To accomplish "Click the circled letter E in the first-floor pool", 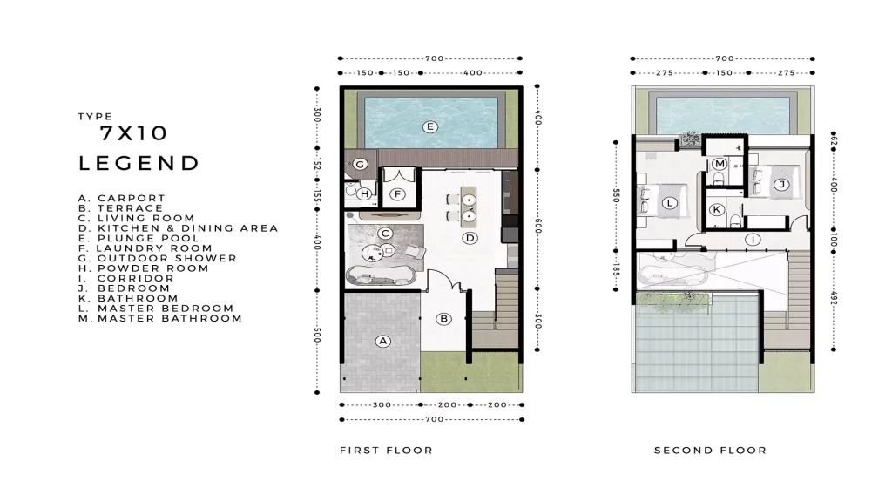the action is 430,127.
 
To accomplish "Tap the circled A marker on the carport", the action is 383,341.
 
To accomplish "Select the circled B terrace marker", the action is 444,319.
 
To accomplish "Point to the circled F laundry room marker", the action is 397,194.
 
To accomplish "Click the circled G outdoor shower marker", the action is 360,165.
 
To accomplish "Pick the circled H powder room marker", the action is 365,193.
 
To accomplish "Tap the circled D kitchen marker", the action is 470,238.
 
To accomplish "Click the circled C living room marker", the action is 385,234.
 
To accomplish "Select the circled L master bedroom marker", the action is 670,202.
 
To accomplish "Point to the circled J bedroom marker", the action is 781,185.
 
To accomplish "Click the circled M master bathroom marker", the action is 720,164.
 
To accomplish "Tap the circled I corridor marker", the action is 753,240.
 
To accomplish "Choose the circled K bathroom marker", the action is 717,209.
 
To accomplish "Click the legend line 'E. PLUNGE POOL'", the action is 139,239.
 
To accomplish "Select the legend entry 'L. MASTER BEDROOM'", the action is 156,309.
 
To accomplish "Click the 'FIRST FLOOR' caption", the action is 386,451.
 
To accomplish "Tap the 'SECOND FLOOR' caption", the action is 710,451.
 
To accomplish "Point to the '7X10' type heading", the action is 133,133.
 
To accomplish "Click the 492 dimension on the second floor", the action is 834,298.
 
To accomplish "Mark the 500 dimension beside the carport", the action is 317,336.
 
